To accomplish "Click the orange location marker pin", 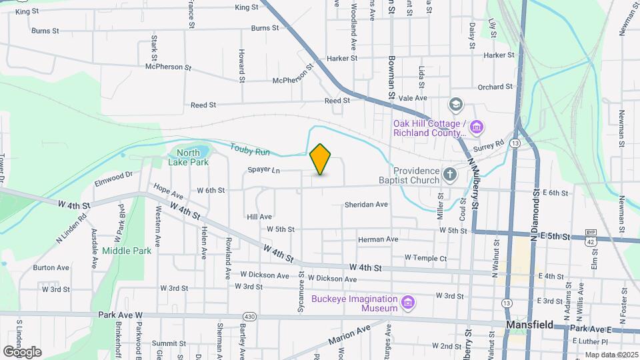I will pos(321,159).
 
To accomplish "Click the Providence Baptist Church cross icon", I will pos(451,175).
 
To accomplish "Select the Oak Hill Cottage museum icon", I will pos(476,127).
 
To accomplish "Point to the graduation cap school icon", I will pos(456,104).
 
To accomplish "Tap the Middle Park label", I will pos(127,251).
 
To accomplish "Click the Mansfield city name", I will pos(531,325).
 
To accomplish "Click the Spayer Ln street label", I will pos(263,170).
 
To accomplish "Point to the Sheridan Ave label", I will pos(366,205).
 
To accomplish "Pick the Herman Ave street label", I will pos(378,239).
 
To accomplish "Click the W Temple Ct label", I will pos(425,258).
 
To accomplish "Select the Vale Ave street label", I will pos(413,98).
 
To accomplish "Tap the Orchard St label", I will pos(495,87).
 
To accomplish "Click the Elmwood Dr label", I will pos(114,177).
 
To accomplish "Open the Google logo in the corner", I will pos(22,351).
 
